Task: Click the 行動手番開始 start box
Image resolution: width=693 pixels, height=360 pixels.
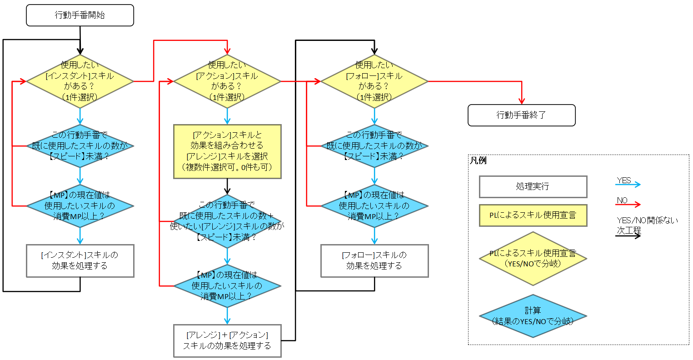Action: pyautogui.click(x=80, y=15)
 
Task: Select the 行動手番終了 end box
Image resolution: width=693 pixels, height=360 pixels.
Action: pyautogui.click(x=521, y=115)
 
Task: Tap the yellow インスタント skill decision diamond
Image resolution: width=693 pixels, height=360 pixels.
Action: pyautogui.click(x=80, y=81)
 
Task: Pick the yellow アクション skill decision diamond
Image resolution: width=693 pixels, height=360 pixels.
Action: pyautogui.click(x=227, y=81)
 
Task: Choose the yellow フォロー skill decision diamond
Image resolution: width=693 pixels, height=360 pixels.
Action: pyautogui.click(x=374, y=81)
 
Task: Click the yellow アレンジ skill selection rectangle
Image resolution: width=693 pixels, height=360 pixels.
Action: pyautogui.click(x=227, y=151)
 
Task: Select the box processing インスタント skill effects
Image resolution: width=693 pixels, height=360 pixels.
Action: pyautogui.click(x=80, y=260)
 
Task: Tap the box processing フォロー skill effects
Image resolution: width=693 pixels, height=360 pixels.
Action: pyautogui.click(x=374, y=260)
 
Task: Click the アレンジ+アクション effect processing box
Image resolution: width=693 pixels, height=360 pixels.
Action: pyautogui.click(x=227, y=340)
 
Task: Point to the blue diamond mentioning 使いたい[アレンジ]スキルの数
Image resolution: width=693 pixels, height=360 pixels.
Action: pyautogui.click(x=227, y=221)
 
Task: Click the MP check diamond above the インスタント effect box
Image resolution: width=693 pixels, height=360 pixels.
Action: pyautogui.click(x=80, y=206)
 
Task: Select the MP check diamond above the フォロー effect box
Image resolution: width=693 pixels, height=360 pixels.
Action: pyautogui.click(x=374, y=206)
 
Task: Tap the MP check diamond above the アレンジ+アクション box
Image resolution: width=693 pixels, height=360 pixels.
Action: pyautogui.click(x=227, y=286)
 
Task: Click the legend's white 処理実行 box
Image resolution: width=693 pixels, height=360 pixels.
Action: pyautogui.click(x=533, y=187)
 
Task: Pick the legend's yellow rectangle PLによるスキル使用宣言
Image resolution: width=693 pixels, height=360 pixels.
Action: pyautogui.click(x=533, y=215)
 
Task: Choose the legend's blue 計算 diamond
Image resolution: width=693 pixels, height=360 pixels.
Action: pyautogui.click(x=533, y=316)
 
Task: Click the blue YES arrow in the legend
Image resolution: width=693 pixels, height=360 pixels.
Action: pyautogui.click(x=628, y=184)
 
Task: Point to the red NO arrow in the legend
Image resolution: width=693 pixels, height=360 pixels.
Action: pyautogui.click(x=628, y=204)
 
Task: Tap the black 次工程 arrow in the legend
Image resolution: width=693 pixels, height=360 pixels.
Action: pyautogui.click(x=628, y=235)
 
